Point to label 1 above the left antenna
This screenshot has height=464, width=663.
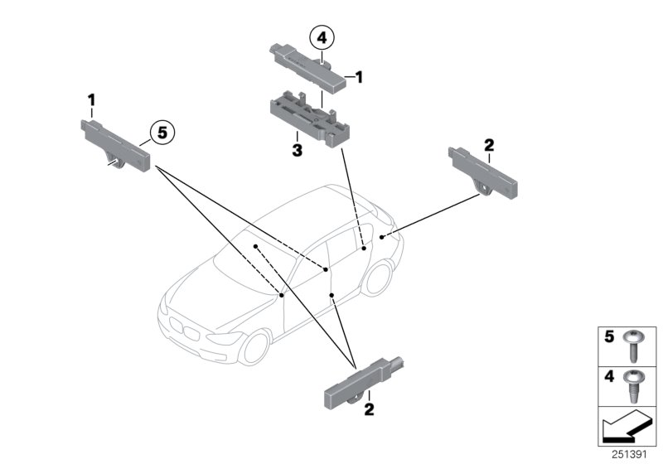[x=93, y=100]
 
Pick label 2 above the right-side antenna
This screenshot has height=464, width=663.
[x=489, y=145]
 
